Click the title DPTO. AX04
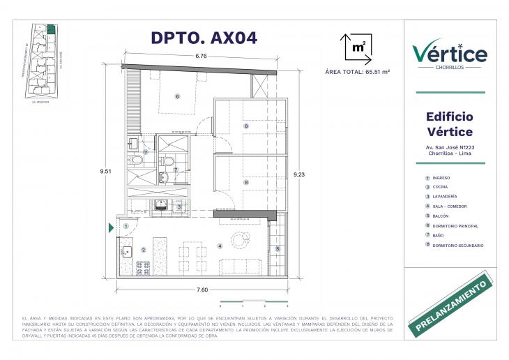click(x=204, y=38)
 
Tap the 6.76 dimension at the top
click(x=201, y=56)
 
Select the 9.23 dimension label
click(x=299, y=174)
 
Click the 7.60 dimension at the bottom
click(x=202, y=289)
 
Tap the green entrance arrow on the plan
click(x=111, y=227)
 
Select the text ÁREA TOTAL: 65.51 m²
click(x=357, y=72)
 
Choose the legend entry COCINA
click(x=441, y=188)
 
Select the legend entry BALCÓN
click(x=441, y=216)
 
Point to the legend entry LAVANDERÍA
click(x=446, y=197)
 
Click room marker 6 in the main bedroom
click(x=177, y=96)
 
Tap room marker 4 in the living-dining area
click(x=219, y=246)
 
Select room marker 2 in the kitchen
click(x=143, y=249)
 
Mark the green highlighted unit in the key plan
click(x=51, y=29)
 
